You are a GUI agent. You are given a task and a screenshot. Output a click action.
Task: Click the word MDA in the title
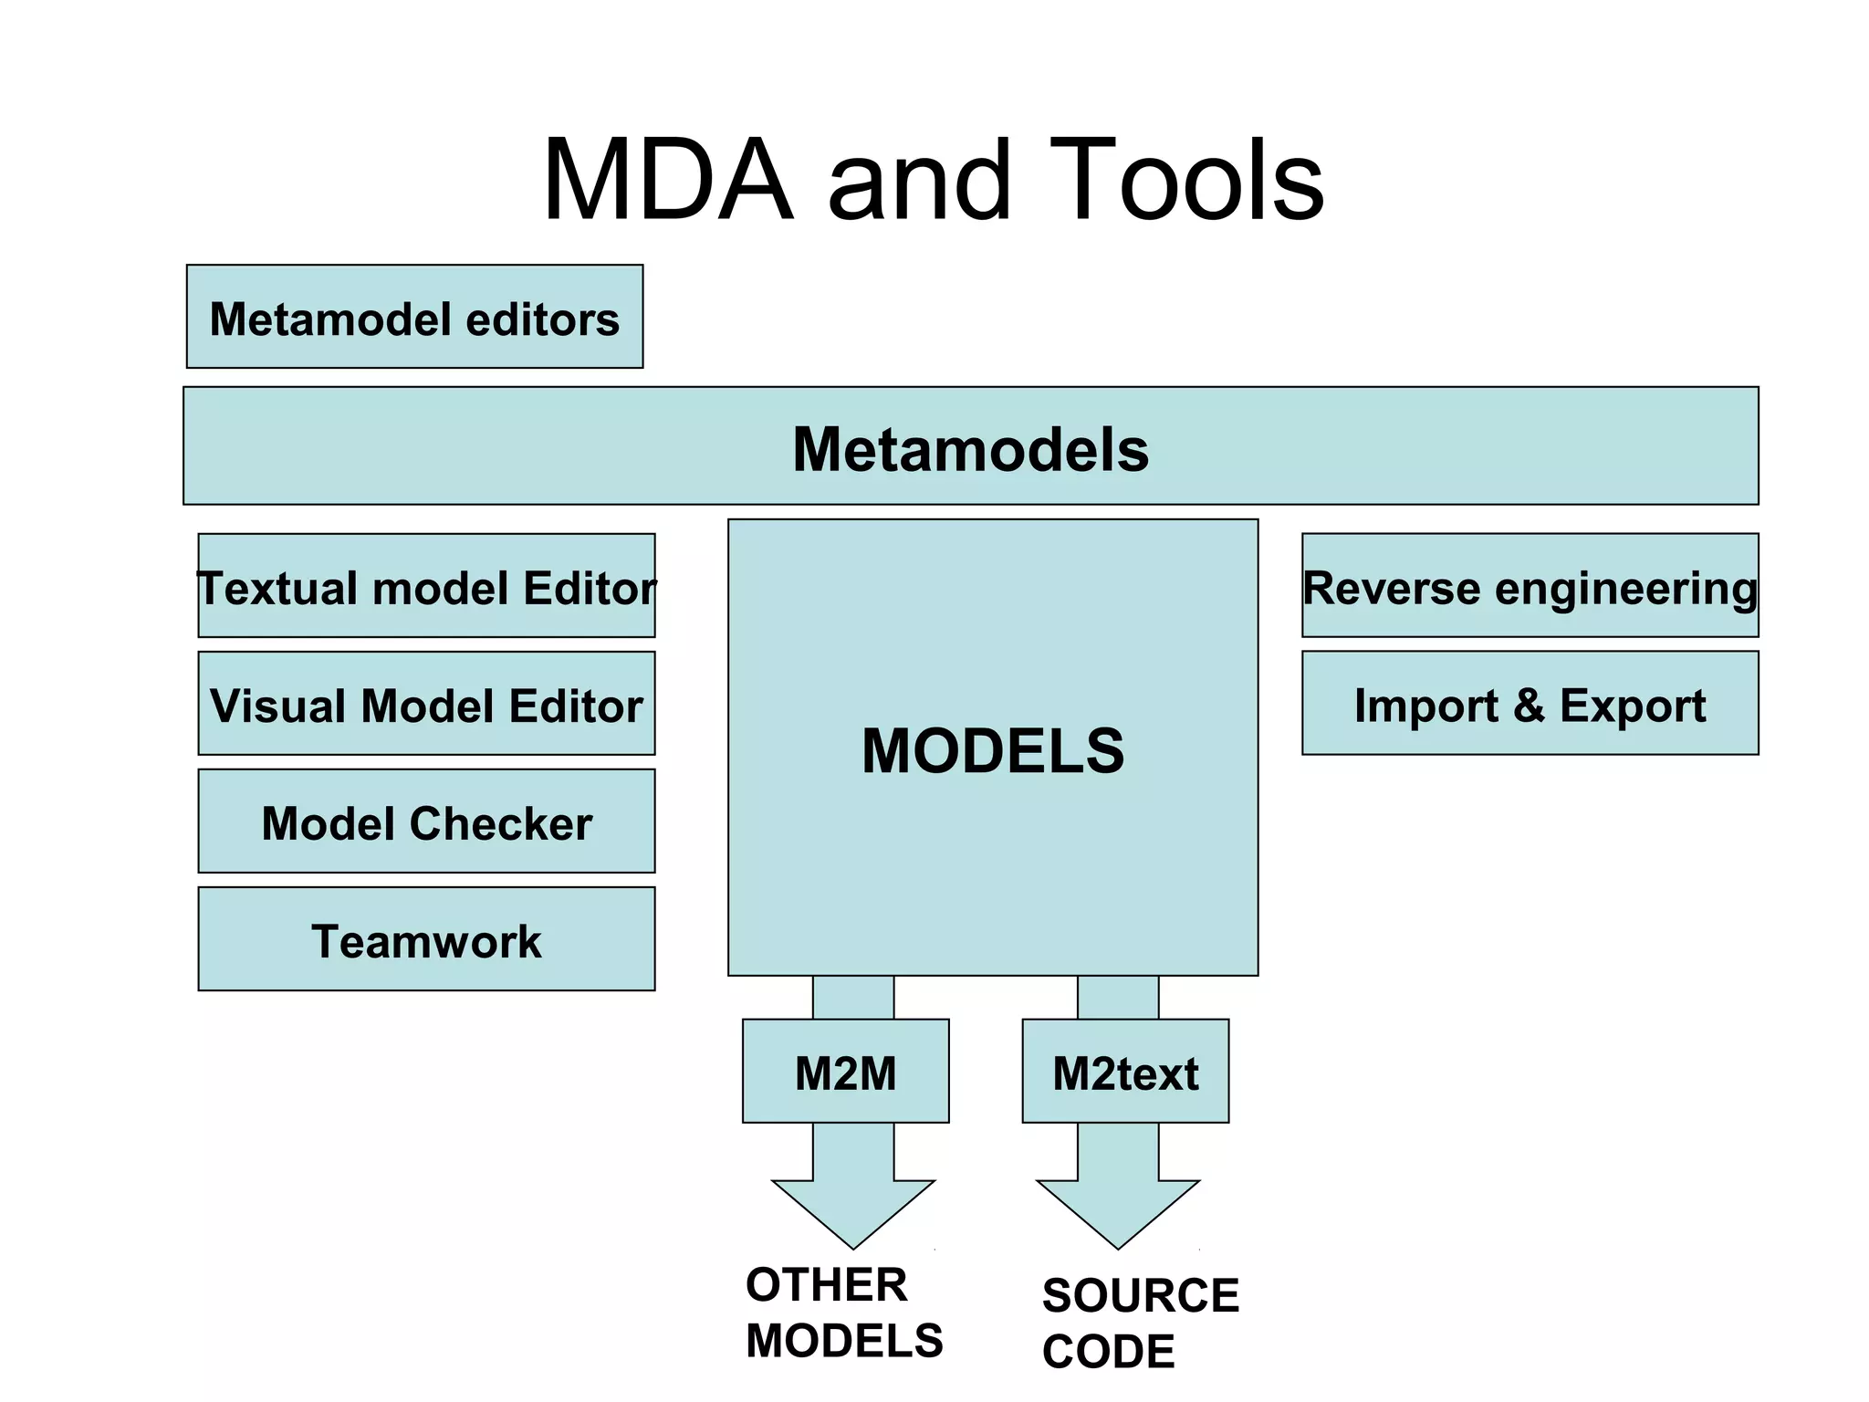(667, 180)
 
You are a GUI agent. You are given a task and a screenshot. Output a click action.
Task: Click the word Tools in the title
(1185, 180)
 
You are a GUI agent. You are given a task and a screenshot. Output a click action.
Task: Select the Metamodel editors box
(414, 317)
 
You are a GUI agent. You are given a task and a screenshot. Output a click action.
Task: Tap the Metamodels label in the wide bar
(970, 449)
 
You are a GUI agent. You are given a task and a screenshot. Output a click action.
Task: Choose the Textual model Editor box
(426, 586)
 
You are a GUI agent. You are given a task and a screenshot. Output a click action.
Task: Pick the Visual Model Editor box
(426, 704)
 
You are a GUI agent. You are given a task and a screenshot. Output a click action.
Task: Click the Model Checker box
(426, 821)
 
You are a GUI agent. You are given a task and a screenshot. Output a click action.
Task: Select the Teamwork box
(426, 939)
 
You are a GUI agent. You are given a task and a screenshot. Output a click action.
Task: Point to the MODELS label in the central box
(993, 750)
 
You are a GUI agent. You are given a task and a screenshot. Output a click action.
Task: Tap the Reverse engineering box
(1530, 586)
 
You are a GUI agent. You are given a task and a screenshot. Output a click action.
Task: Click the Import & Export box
(1530, 704)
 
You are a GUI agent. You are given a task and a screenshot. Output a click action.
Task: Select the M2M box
(845, 1072)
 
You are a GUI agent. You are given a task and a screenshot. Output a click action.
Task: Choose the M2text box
(1125, 1072)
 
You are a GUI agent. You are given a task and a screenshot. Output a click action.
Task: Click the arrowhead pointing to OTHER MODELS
(853, 1210)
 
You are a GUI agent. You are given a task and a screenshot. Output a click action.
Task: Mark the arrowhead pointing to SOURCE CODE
(1118, 1210)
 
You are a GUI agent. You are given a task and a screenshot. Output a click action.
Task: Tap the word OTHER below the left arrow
(826, 1285)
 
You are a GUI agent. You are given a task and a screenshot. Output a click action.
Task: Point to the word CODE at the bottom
(1108, 1352)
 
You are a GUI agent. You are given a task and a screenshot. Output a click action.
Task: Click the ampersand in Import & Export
(1529, 706)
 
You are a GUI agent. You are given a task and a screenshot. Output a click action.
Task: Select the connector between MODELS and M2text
(1118, 998)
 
